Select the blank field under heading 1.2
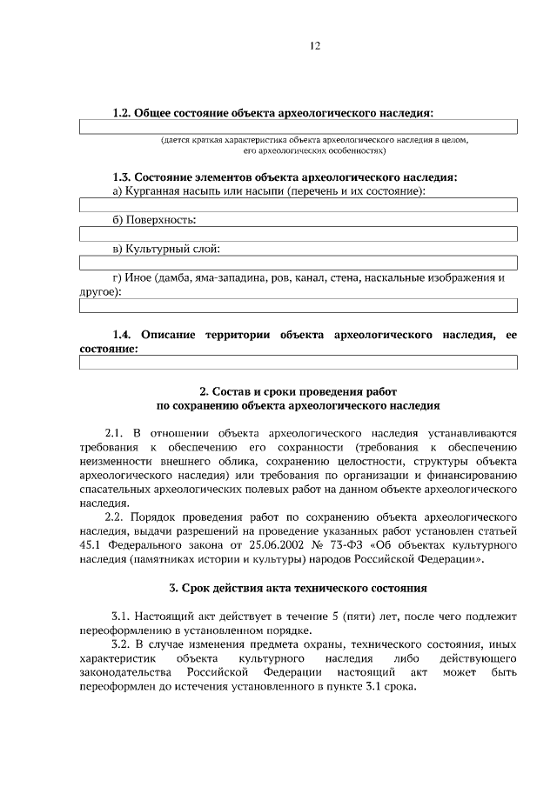299,127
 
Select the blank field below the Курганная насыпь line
299,205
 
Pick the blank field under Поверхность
299,234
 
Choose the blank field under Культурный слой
299,263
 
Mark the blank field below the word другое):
299,305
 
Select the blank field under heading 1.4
299,363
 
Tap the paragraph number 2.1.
115,432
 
